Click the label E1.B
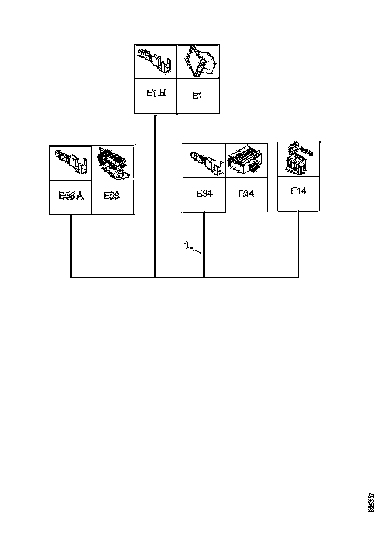tap(156, 94)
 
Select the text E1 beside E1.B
tap(197, 96)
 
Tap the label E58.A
tap(71, 196)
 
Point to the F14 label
tap(298, 191)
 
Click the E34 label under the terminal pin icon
tap(205, 193)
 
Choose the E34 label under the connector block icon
tap(246, 193)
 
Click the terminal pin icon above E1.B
tap(156, 61)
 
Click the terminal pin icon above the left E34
tap(204, 161)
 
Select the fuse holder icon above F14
tap(298, 158)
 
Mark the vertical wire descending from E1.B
tap(155, 195)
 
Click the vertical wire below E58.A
tap(71, 246)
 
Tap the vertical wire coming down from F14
tap(298, 244)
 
